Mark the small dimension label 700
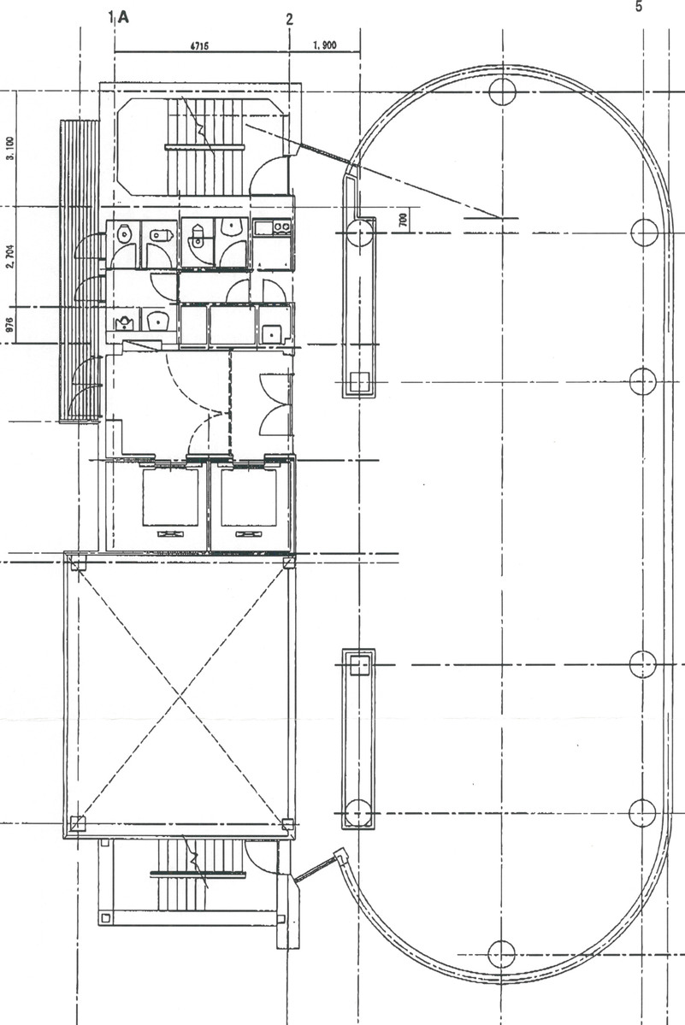click(403, 220)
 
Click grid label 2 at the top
click(289, 19)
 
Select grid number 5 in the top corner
click(637, 7)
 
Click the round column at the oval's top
click(501, 89)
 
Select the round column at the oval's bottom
click(501, 952)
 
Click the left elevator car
click(170, 498)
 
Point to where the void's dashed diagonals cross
click(180, 694)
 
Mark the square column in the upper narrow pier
click(360, 380)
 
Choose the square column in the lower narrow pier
click(359, 663)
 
